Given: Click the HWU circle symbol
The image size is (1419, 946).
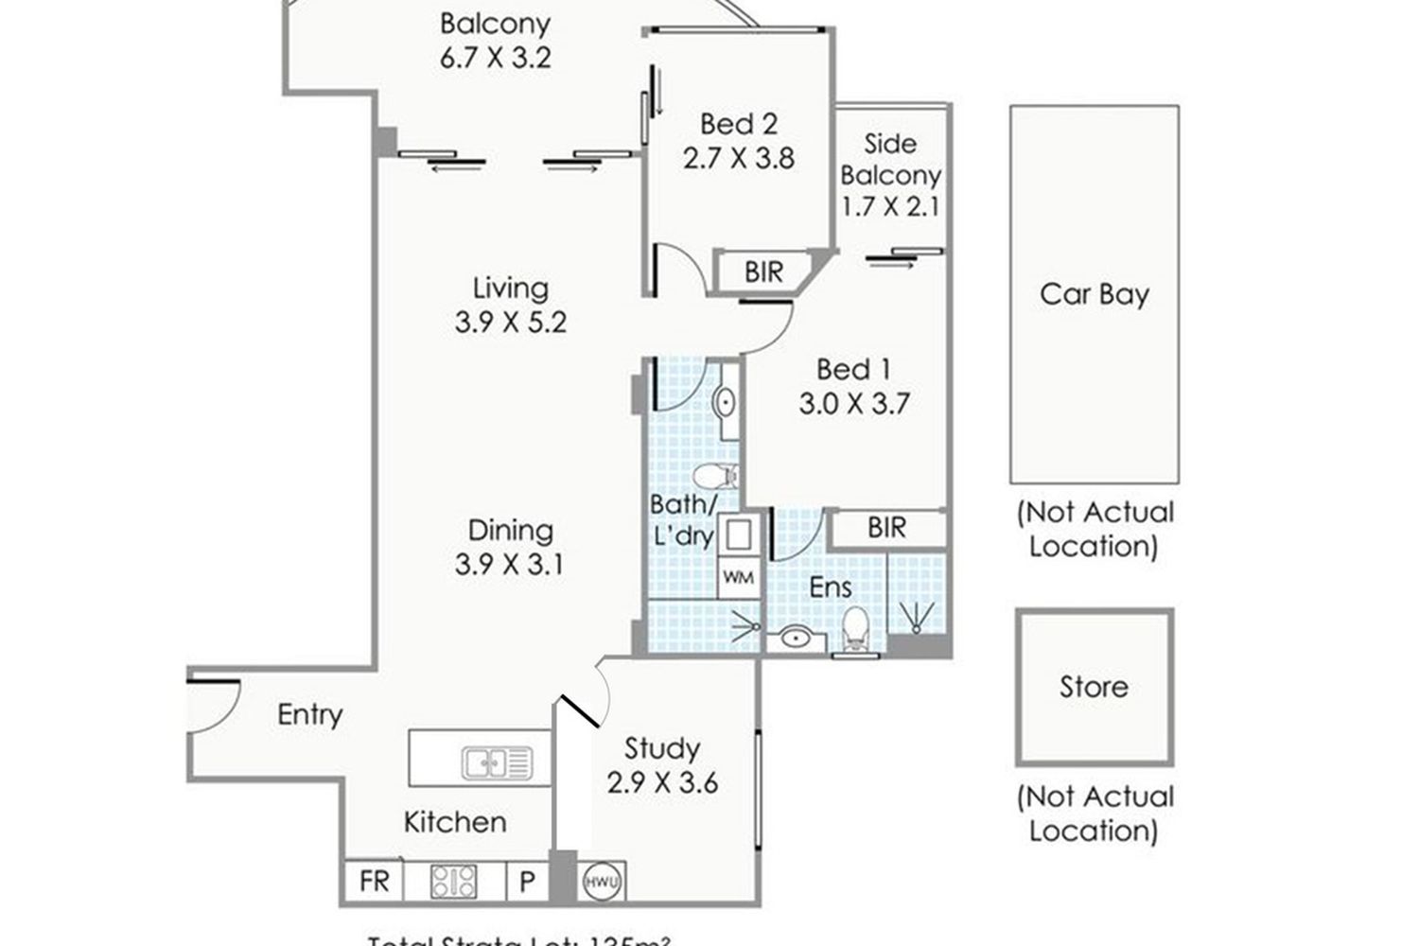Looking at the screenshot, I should (602, 883).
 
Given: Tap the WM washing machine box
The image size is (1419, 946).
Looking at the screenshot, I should (738, 576).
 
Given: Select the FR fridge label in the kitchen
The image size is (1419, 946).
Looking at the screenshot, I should (375, 882).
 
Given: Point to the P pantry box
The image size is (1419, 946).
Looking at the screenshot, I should (527, 883).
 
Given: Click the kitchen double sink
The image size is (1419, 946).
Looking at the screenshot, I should (497, 762).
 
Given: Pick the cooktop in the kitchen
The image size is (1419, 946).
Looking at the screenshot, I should (454, 882).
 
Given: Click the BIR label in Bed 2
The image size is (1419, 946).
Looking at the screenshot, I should (763, 272).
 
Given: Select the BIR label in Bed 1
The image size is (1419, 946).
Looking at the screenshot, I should (886, 527).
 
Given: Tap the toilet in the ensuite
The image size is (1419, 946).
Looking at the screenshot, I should (854, 629).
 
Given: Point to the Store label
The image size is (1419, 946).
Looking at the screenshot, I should (1094, 686).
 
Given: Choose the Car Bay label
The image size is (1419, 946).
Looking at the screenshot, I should (1094, 294).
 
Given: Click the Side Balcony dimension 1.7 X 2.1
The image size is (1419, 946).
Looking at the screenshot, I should (890, 205).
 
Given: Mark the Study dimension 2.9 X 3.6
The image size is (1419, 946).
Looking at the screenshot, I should (662, 783).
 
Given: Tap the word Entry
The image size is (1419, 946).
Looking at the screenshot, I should (309, 714).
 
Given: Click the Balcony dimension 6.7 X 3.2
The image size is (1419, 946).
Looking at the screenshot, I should (495, 58).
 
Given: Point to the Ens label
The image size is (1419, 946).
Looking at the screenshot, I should (831, 587).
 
